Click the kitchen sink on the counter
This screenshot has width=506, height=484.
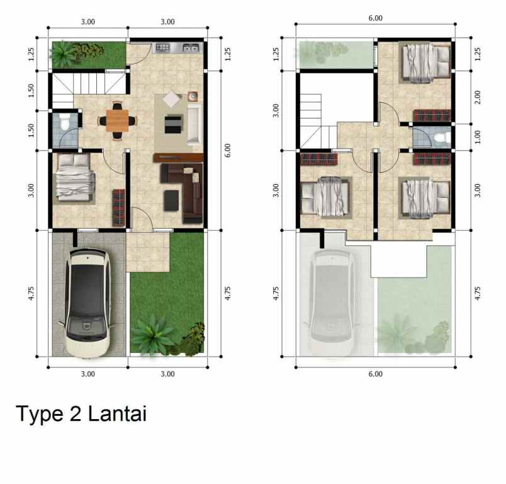tap(191, 47)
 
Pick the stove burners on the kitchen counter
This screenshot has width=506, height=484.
tap(163, 47)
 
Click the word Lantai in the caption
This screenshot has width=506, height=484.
tap(117, 414)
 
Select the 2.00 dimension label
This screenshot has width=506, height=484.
tap(478, 97)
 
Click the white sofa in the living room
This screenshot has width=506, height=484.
tap(193, 124)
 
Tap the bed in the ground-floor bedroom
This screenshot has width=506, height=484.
tap(74, 180)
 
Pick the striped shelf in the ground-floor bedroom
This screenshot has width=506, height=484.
tap(118, 207)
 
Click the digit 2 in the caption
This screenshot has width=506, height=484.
tap(77, 415)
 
